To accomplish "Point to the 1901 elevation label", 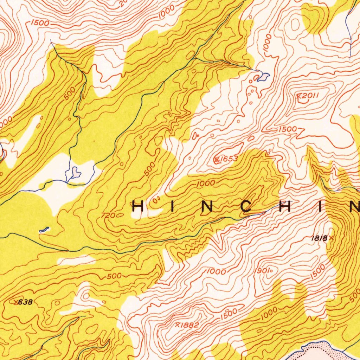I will pos(262,271).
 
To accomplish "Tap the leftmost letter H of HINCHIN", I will pos(138,207).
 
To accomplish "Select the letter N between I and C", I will pos(207,207).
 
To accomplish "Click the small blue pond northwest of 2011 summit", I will pos(263,76).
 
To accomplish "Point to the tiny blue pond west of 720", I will pos(44,230).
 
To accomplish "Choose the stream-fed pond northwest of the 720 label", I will pos(75,172).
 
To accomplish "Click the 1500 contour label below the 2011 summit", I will pos(288,129).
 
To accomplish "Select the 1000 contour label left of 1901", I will pos(216,271).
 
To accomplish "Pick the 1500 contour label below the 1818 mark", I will pos(318,271).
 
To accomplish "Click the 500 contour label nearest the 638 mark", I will pos(114,276).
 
